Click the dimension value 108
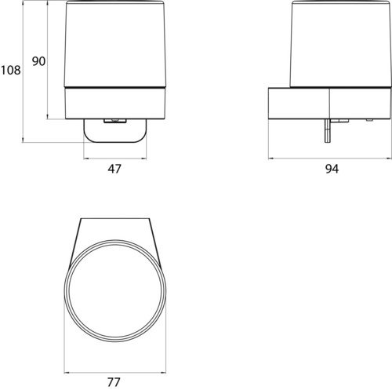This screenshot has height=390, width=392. point(11,70)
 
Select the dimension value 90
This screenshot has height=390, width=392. point(38,61)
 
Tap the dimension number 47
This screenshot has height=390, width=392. point(114,169)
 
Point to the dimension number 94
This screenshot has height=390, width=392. point(332,169)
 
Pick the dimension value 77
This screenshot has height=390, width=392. point(114,382)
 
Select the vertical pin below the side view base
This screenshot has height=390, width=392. point(328,130)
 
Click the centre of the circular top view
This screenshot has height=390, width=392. point(115,290)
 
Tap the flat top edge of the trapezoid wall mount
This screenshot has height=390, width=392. point(115,218)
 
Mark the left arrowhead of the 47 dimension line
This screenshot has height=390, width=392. point(85,159)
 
